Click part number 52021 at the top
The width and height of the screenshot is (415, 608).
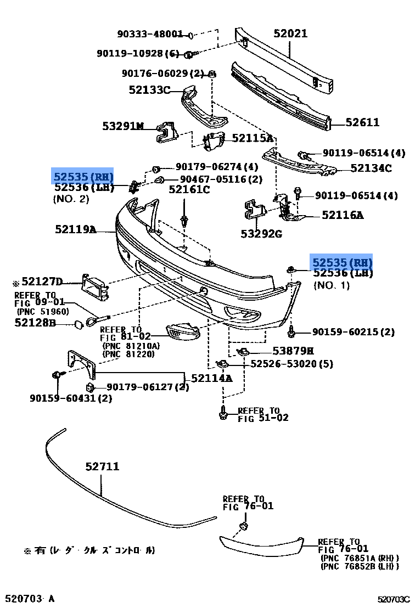click(290, 34)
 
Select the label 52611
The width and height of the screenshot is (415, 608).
click(362, 123)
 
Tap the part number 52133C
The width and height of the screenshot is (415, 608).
click(150, 90)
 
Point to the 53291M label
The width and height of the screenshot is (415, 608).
click(122, 126)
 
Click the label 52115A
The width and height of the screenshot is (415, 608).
click(253, 139)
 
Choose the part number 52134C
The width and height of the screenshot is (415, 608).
click(371, 168)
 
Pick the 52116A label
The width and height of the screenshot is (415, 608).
click(343, 216)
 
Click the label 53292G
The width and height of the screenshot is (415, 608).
click(261, 234)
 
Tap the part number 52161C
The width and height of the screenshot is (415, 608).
click(189, 190)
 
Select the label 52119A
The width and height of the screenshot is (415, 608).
click(75, 229)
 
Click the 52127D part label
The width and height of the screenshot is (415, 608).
click(42, 282)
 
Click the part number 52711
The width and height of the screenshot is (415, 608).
click(102, 467)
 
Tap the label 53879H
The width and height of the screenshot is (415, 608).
click(293, 351)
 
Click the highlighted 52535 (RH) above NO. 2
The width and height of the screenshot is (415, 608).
click(83, 177)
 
